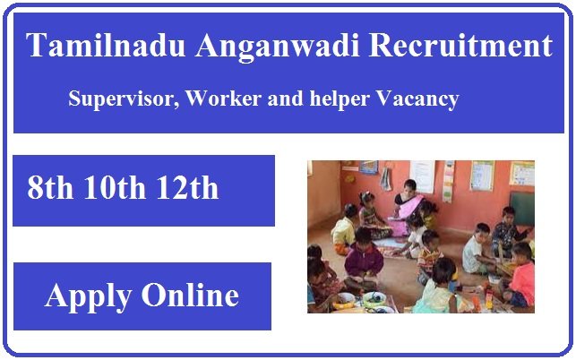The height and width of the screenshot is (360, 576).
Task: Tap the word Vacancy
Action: pos(417,99)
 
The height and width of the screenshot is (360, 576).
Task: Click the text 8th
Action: pos(53,187)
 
